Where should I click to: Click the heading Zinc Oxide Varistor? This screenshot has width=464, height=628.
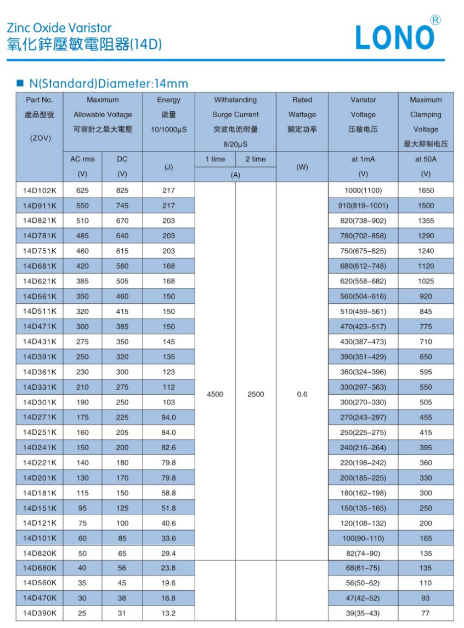[x=59, y=28]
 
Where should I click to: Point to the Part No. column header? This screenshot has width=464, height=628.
[x=39, y=100]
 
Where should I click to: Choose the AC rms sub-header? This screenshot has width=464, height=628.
[x=82, y=159]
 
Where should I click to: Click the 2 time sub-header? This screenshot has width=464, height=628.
[x=256, y=159]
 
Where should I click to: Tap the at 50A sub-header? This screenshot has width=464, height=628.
[x=426, y=159]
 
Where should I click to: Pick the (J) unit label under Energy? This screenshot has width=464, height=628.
[x=169, y=167]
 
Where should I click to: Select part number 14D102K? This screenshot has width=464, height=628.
[x=39, y=191]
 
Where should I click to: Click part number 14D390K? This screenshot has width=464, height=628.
[x=39, y=613]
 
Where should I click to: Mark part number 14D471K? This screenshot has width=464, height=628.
[x=39, y=326]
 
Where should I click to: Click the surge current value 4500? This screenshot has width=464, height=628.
[x=215, y=394]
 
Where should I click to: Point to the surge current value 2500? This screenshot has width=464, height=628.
[x=256, y=394]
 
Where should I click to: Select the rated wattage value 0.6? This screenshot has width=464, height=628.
[x=302, y=394]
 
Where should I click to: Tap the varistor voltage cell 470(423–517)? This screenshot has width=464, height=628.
[x=363, y=326]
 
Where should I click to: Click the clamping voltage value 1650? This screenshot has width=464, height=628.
[x=426, y=191]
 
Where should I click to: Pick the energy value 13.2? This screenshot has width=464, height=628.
[x=169, y=613]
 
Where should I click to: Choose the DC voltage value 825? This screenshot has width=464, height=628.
[x=122, y=191]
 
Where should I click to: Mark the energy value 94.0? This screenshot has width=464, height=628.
[x=169, y=417]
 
